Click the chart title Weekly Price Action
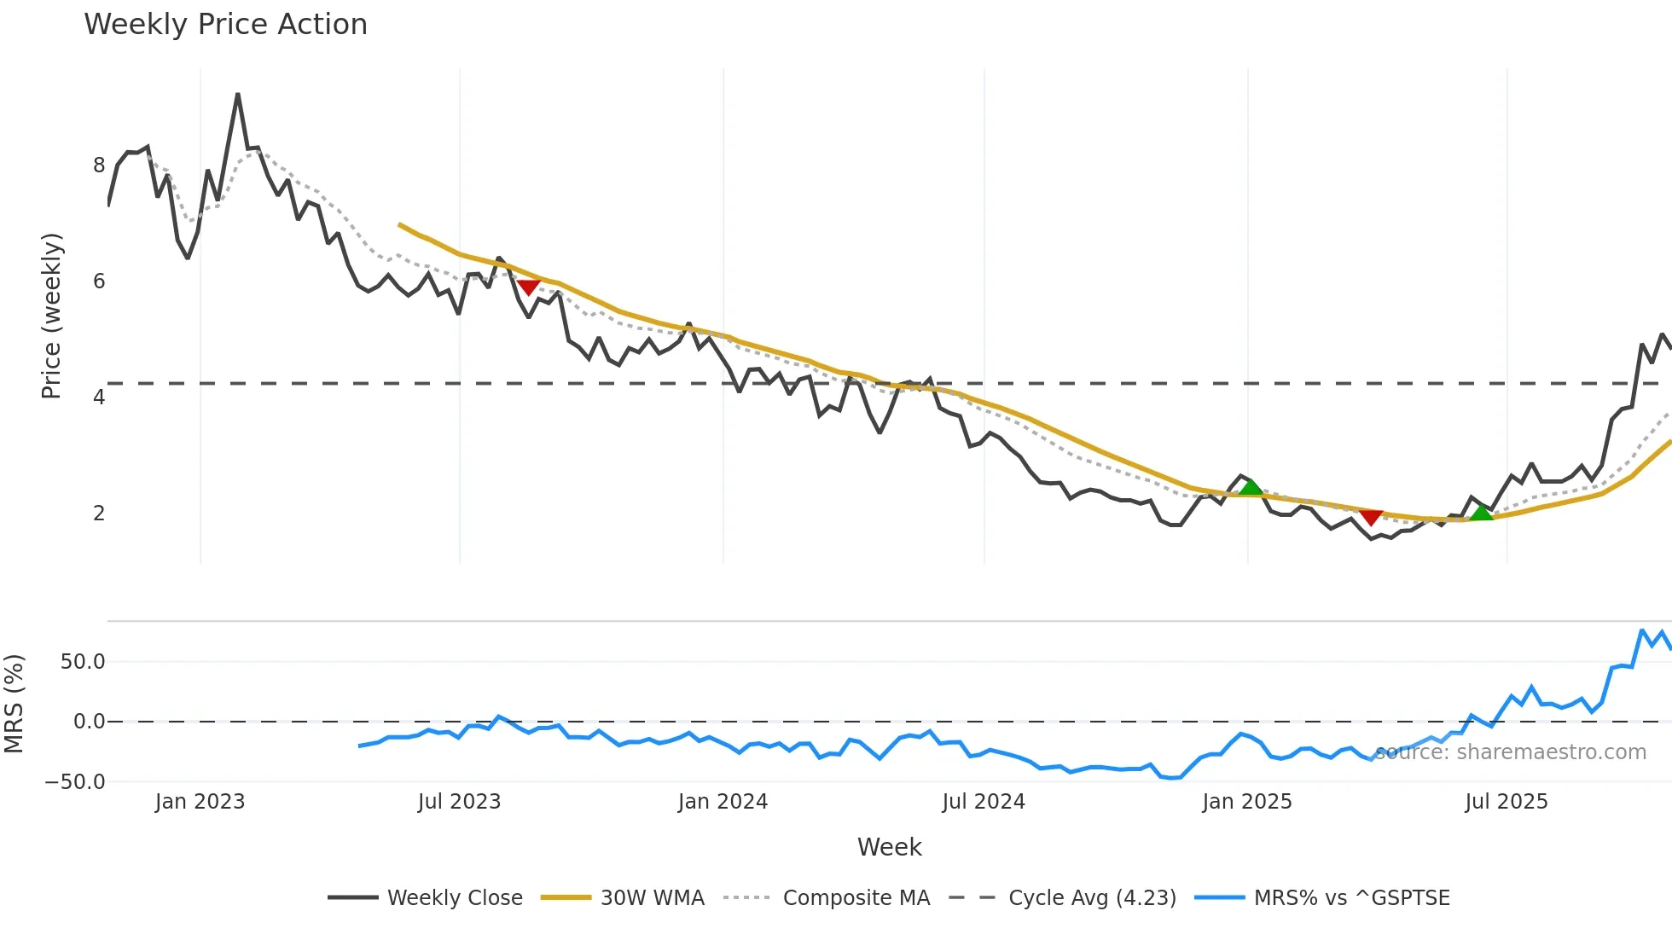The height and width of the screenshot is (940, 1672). coord(225,25)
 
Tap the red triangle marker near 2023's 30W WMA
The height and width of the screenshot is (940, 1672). coord(529,287)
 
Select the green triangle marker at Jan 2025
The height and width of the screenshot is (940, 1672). coord(1251,487)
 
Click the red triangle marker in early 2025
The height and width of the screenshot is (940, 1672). coord(1371,517)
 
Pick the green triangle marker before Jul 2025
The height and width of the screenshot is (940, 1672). coord(1482,512)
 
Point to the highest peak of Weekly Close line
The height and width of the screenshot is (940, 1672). coord(237,95)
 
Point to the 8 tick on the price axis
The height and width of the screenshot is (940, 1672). coord(99,165)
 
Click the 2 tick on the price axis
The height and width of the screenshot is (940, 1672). coord(99,514)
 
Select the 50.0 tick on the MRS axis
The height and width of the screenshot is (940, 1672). coord(83,662)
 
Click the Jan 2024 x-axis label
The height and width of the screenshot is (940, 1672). coord(723,802)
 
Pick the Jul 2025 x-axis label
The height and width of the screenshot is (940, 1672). coord(1507,802)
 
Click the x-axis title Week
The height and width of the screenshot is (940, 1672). coord(889,847)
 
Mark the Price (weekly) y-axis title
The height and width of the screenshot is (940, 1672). coord(51,316)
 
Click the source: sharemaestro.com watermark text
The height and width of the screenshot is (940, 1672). coord(1510,752)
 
